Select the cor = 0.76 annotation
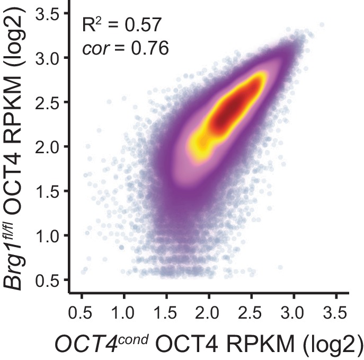coord(126,48)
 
